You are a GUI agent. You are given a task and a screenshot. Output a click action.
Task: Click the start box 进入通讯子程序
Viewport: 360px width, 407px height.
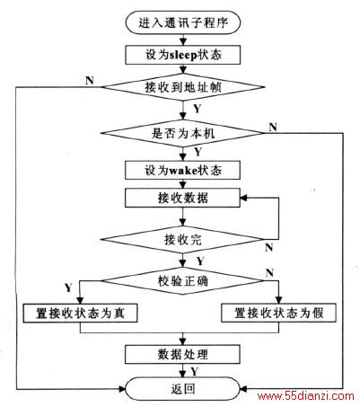(183, 22)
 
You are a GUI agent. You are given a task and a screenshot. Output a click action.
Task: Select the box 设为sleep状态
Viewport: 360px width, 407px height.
(183, 55)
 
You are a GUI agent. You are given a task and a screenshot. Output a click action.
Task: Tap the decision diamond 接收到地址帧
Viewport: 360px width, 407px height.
(183, 87)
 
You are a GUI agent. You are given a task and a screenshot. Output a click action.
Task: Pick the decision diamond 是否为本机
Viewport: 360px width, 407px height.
(182, 133)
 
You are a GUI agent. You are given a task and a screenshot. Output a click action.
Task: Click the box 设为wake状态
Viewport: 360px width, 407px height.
(182, 171)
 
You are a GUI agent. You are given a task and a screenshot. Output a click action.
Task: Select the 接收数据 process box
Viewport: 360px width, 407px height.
(182, 198)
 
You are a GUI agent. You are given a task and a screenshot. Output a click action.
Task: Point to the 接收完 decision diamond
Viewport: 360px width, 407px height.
(182, 240)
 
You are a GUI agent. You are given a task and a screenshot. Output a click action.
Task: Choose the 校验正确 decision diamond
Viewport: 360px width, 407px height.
(182, 280)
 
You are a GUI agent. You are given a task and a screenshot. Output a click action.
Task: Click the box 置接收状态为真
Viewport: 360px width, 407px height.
(80, 314)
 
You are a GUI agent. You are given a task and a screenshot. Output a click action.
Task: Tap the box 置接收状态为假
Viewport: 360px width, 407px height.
(278, 314)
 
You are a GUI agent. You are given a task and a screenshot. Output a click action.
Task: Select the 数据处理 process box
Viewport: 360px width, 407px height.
(182, 355)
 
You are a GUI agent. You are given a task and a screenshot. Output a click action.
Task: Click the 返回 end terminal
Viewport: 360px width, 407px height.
(183, 389)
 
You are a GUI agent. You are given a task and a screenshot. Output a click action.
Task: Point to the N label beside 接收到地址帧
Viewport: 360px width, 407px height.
(90, 81)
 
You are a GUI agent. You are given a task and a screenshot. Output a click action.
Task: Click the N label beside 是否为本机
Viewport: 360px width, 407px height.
(273, 127)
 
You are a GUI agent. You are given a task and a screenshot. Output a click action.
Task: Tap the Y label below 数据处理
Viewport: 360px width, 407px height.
(195, 371)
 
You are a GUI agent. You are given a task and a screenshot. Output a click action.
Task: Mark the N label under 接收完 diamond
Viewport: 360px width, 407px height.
(269, 247)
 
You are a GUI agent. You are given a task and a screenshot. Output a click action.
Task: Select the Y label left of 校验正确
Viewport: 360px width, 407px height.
(68, 288)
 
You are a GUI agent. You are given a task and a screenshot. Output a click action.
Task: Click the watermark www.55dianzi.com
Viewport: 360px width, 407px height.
(306, 396)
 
